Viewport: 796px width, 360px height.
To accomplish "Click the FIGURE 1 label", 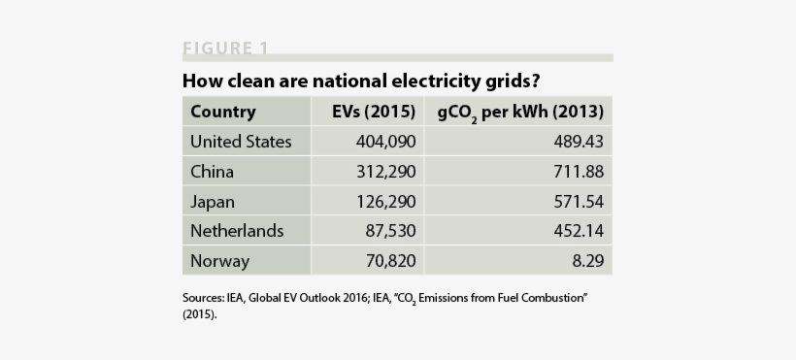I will pyautogui.click(x=225, y=49).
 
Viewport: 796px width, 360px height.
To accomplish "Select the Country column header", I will pyautogui.click(x=223, y=112).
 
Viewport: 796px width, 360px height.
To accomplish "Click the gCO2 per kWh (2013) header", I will pyautogui.click(x=520, y=112).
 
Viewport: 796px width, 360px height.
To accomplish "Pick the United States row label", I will pyautogui.click(x=241, y=142).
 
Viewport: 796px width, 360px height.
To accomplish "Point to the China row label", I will pyautogui.click(x=212, y=172).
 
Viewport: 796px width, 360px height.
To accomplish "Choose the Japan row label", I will pyautogui.click(x=213, y=202).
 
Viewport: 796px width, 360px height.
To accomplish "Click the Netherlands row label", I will pyautogui.click(x=237, y=231).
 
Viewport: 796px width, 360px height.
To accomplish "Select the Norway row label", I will pyautogui.click(x=219, y=261).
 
